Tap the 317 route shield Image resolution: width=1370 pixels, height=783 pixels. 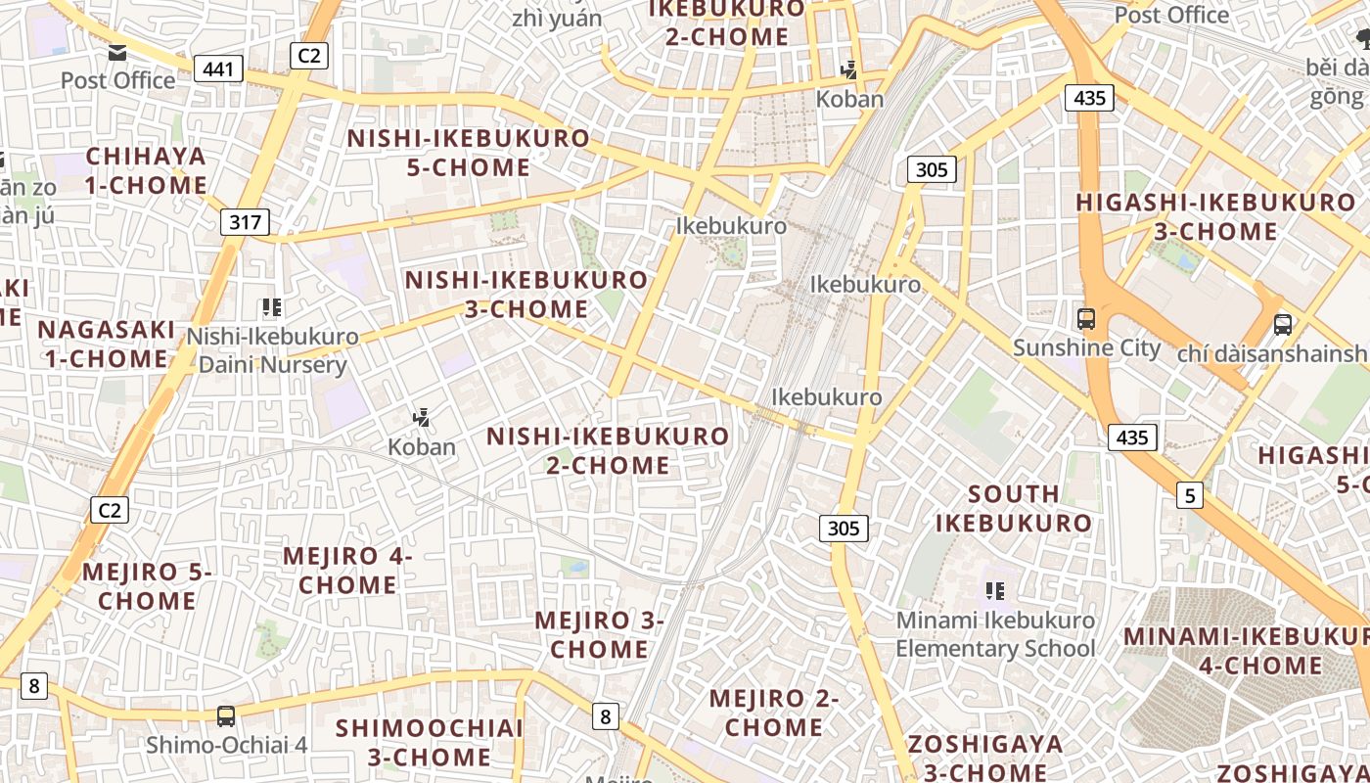click(245, 222)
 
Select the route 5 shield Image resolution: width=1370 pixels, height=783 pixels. click(1189, 495)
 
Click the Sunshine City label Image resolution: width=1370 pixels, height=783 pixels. click(1086, 347)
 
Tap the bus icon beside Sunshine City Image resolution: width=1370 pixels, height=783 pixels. click(1086, 318)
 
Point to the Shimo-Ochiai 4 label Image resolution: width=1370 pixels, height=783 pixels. click(227, 745)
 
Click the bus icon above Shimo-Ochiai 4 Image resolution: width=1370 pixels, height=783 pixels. click(226, 715)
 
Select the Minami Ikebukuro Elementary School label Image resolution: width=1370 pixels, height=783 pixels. click(995, 634)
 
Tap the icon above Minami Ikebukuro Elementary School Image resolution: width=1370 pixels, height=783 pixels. click(995, 591)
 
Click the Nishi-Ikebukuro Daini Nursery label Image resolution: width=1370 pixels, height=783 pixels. click(272, 350)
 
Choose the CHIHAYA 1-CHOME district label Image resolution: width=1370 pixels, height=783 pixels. click(146, 170)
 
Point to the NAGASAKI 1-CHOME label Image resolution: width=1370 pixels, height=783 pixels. click(107, 344)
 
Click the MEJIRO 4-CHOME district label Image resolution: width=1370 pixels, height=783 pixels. click(347, 571)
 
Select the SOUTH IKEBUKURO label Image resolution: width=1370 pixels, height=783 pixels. click(1014, 508)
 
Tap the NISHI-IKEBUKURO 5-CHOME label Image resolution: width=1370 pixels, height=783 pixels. click(469, 153)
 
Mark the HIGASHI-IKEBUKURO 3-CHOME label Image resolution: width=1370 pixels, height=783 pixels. click(1215, 217)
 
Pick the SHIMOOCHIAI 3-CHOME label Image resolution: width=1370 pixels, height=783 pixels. click(430, 742)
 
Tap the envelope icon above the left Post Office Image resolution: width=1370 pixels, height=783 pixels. click(117, 52)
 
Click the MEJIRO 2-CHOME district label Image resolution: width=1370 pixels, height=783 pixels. click(774, 713)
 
